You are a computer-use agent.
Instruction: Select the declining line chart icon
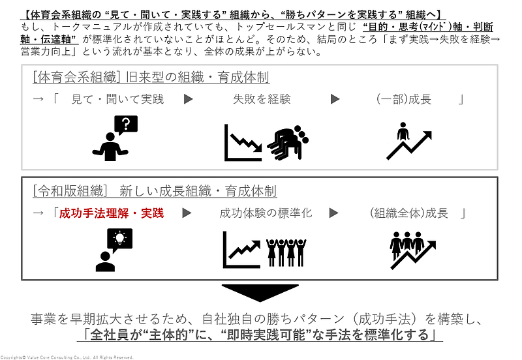[x=243, y=142]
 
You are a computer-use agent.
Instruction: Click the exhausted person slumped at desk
[x=287, y=141]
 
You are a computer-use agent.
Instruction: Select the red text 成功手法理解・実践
[x=112, y=213]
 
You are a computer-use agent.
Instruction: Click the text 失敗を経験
[x=262, y=100]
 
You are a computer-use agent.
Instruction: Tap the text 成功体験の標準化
[x=266, y=213]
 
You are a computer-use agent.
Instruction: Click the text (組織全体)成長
[x=409, y=213]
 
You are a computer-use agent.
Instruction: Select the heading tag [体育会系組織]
[x=74, y=78]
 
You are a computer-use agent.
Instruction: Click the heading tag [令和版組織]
[x=69, y=191]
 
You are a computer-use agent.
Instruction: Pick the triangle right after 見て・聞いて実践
[x=188, y=100]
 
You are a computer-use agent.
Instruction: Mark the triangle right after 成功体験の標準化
[x=334, y=213]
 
